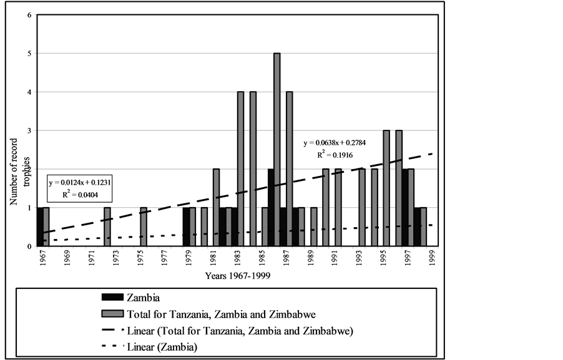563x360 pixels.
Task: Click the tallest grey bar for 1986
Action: (x=277, y=150)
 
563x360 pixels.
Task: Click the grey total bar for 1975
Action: (x=144, y=227)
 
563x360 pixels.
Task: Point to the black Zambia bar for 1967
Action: (x=40, y=227)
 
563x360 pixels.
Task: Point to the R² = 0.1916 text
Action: (x=335, y=153)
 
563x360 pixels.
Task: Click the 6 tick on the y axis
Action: (x=29, y=15)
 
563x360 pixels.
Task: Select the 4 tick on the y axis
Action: (x=29, y=92)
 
